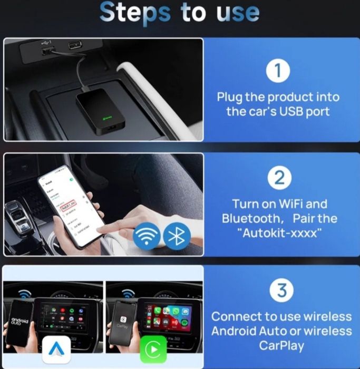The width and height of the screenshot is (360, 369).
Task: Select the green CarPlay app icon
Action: click(x=153, y=348)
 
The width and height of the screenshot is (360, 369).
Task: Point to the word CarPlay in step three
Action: click(x=281, y=345)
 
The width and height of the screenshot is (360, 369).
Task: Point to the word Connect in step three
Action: click(x=237, y=317)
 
